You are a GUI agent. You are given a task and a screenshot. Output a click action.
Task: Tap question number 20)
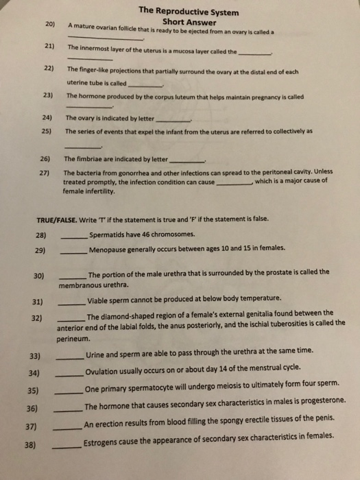coord(50,24)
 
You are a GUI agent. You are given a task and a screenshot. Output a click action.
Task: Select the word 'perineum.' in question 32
coord(73,339)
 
